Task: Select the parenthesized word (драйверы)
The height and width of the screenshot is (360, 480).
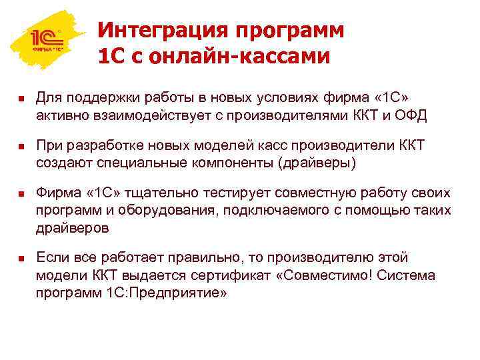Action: pos(315,162)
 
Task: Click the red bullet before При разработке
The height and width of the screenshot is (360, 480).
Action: pos(21,147)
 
